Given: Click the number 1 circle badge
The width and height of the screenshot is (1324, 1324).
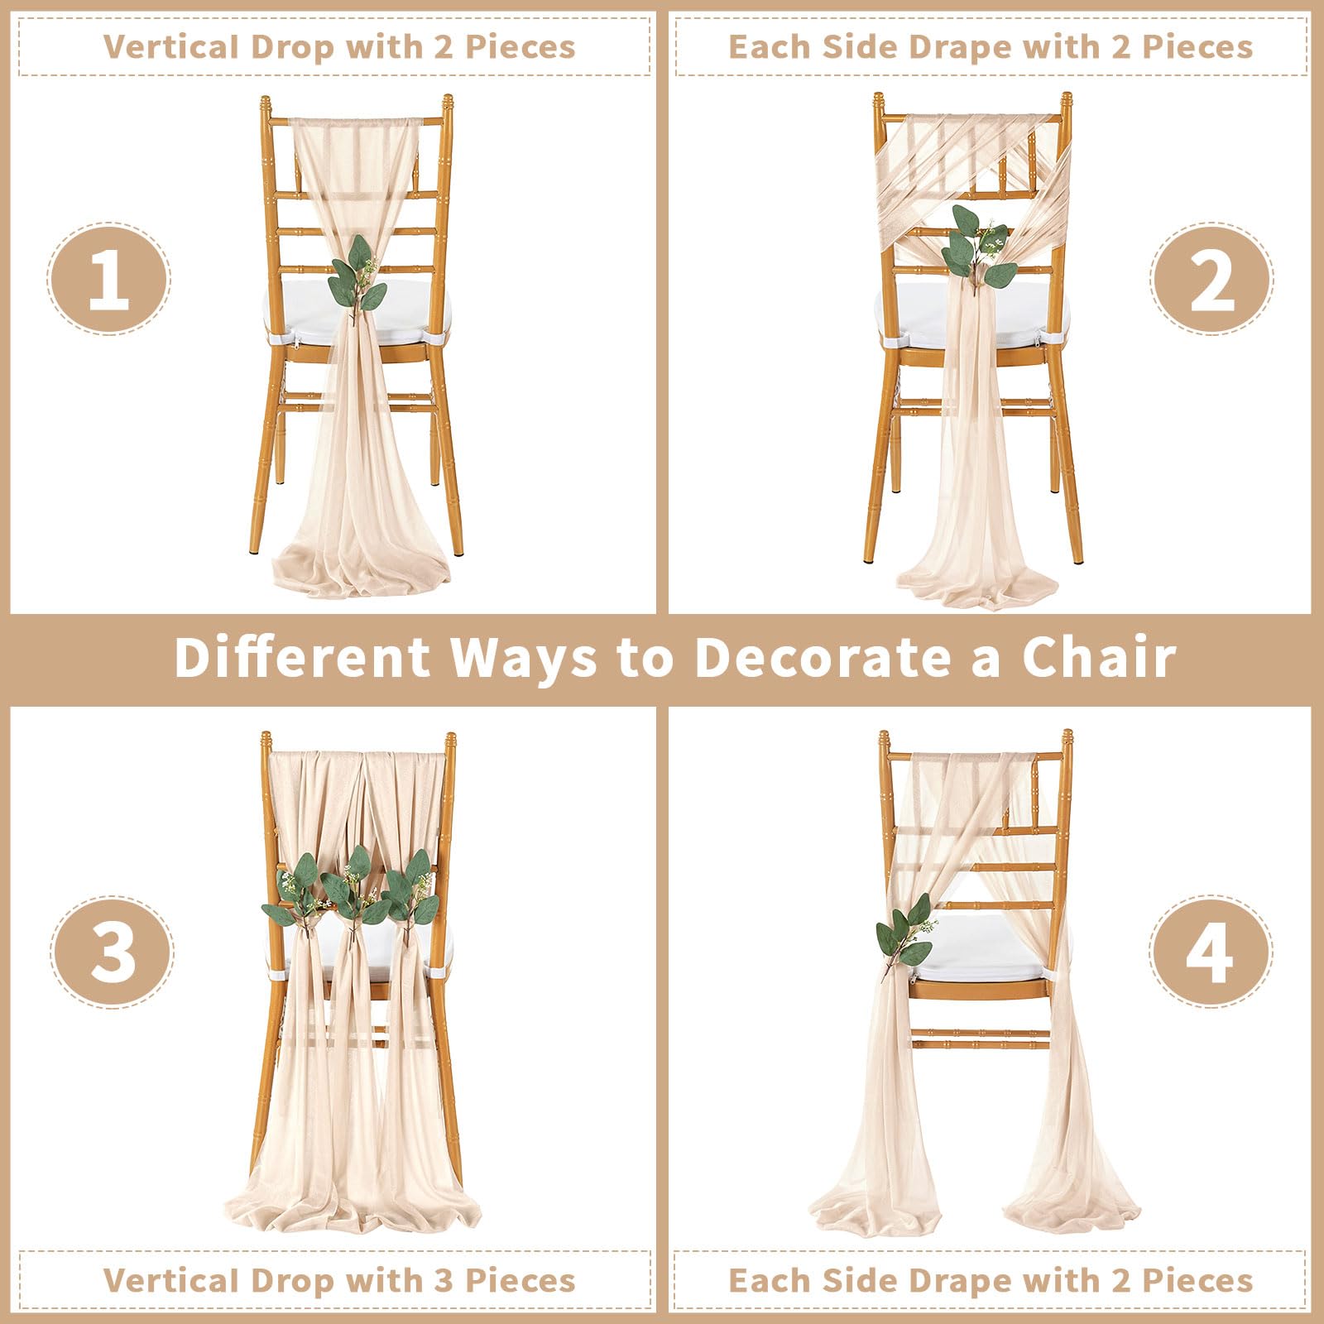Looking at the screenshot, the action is (x=108, y=279).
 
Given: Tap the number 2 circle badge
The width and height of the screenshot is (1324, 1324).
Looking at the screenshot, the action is (x=1211, y=279).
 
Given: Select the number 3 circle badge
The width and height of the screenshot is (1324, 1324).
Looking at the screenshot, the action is (x=112, y=951).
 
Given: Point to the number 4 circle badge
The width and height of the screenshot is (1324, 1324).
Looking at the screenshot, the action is (x=1211, y=951).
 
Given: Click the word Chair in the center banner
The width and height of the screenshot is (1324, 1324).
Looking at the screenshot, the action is (x=1098, y=657).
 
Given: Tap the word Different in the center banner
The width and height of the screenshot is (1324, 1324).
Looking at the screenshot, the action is (x=302, y=657).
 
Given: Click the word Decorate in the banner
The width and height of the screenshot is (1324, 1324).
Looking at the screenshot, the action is (x=821, y=657).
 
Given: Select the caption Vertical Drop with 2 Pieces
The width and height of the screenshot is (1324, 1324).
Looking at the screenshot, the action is (x=339, y=46).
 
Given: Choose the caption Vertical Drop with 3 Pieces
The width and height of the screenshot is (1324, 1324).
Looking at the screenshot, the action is (x=339, y=1280).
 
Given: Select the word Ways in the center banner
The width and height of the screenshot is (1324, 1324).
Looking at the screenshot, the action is (x=523, y=659).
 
